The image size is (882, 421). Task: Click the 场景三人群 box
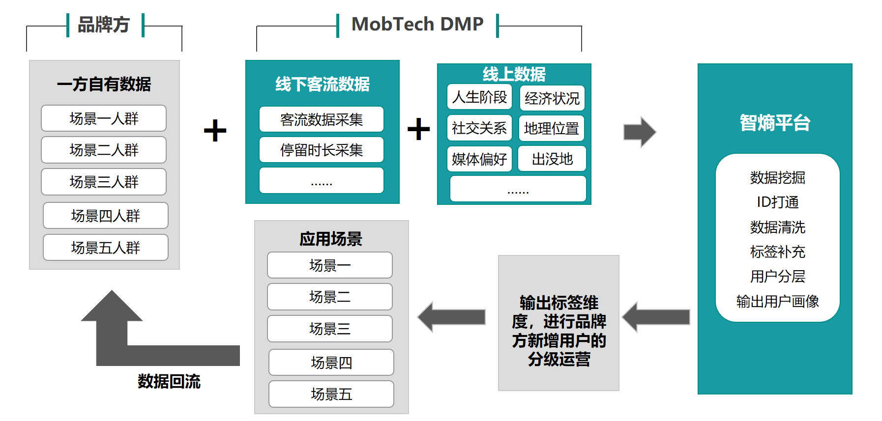104,182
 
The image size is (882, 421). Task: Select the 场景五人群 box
106,247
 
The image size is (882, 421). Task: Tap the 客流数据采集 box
322,119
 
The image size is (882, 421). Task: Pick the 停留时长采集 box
322,150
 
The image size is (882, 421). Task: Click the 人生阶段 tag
479,97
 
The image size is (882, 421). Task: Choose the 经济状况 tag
552,98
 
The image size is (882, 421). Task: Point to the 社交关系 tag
479,128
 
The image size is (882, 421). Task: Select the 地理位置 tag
552,128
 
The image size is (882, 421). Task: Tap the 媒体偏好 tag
479,159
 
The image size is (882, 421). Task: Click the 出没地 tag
552,159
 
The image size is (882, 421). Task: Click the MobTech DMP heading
418,24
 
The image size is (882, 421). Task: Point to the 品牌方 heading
104,25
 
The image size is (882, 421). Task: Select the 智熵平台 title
775,123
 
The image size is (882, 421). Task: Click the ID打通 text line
777,202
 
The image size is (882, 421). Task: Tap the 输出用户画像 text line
777,301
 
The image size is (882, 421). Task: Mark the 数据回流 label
169,381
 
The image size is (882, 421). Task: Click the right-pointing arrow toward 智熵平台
640,132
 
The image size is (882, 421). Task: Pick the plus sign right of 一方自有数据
215,131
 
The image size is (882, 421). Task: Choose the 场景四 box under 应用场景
331,363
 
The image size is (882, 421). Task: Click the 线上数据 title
514,74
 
